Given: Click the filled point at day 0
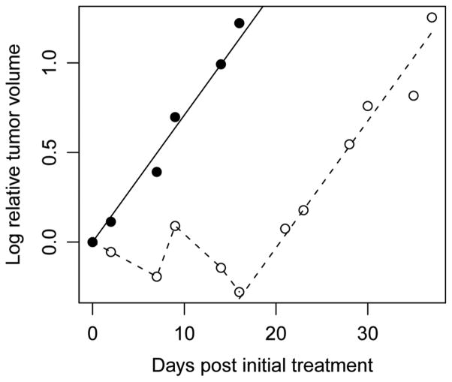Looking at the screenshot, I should click(92, 242).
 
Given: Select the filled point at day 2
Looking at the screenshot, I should click(111, 221).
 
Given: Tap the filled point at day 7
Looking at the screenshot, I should click(157, 172).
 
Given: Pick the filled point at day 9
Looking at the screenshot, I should click(175, 117).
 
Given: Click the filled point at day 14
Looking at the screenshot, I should click(221, 65).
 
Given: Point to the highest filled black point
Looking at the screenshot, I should click(240, 23).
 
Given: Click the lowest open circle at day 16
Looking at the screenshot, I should click(240, 292).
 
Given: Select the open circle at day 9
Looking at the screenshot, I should click(175, 226).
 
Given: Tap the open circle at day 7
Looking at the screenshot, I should click(157, 276).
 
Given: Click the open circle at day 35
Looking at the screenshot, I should click(414, 95).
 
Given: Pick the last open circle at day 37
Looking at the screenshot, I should click(432, 17).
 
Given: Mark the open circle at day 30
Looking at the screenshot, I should click(368, 106).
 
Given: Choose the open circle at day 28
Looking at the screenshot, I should click(349, 144).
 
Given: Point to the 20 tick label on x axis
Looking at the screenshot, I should click(276, 331).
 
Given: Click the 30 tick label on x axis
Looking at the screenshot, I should click(368, 331).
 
